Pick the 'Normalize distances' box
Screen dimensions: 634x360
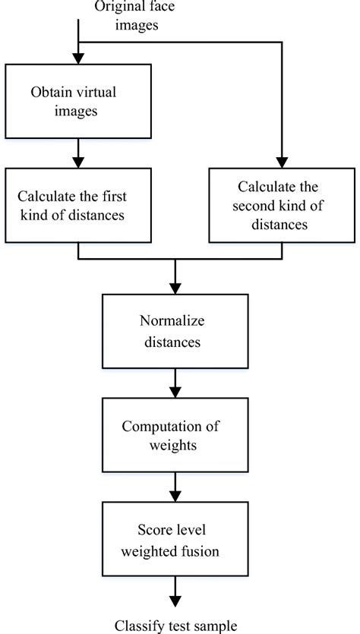point(175,331)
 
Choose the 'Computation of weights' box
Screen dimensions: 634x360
point(175,435)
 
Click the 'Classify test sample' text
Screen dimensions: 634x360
point(176,626)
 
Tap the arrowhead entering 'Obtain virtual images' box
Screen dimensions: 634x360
point(78,58)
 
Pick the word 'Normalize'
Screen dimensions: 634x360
point(175,322)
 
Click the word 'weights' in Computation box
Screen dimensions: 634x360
point(175,445)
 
